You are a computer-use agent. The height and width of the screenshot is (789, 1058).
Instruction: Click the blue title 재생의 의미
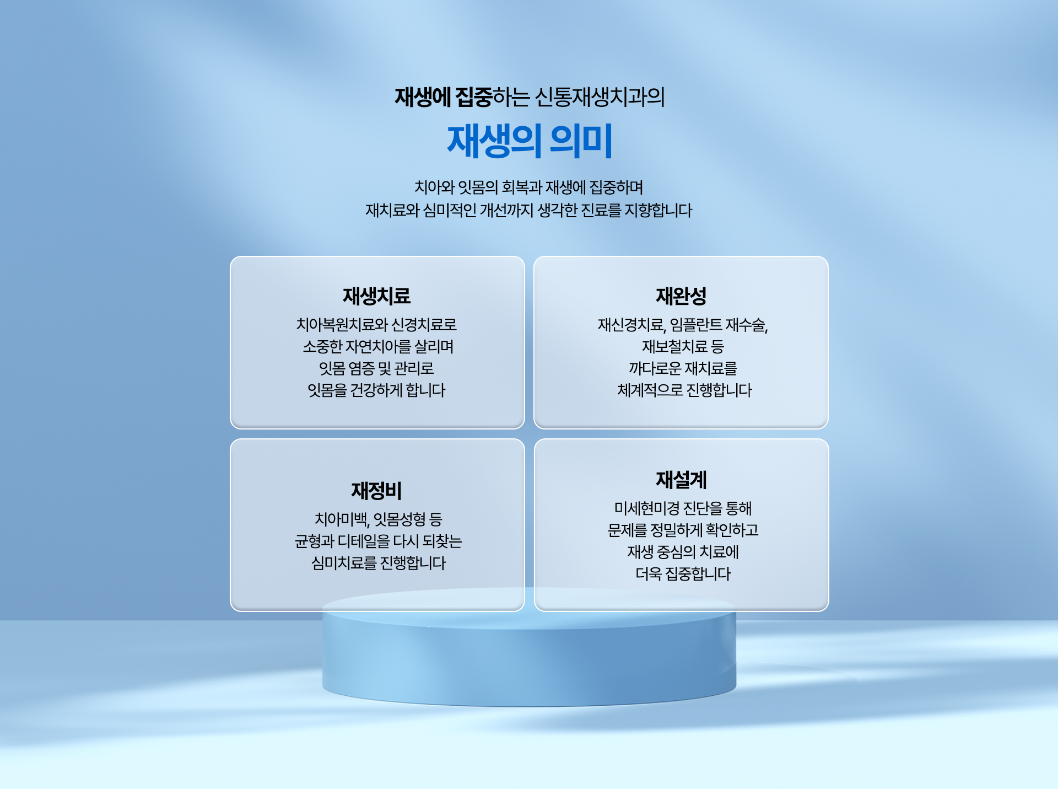click(530, 141)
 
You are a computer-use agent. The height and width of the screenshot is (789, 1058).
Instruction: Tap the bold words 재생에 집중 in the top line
click(444, 98)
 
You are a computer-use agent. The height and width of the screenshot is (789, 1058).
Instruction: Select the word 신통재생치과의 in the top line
click(600, 98)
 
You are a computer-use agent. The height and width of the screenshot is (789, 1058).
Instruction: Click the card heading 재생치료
click(377, 296)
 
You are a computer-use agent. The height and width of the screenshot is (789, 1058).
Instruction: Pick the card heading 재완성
click(681, 296)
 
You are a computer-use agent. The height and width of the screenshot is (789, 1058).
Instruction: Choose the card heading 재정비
click(377, 491)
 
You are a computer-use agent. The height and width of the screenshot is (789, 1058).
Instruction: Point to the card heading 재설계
click(681, 480)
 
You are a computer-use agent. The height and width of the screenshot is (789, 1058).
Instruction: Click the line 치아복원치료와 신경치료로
click(377, 325)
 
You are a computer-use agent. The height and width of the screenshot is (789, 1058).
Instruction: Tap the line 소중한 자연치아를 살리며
click(378, 347)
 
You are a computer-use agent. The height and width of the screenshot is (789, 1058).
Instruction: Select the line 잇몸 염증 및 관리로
click(377, 368)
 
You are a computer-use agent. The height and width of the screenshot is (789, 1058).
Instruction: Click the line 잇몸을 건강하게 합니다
click(377, 390)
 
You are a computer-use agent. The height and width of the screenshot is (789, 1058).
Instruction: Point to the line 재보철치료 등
click(683, 347)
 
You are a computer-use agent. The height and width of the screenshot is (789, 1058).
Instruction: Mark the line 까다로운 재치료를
click(683, 368)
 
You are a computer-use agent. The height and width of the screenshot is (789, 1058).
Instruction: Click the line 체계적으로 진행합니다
click(684, 390)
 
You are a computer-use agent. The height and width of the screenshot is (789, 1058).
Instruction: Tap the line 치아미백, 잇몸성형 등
click(379, 519)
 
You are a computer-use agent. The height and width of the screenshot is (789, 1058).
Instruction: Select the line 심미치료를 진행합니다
click(379, 563)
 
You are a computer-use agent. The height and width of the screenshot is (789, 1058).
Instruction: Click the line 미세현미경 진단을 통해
click(683, 508)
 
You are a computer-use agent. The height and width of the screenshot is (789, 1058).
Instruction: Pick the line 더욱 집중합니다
click(683, 574)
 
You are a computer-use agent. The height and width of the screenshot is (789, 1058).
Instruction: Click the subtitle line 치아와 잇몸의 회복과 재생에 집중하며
click(529, 187)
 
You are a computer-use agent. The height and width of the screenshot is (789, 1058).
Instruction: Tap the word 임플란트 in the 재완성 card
click(696, 325)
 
